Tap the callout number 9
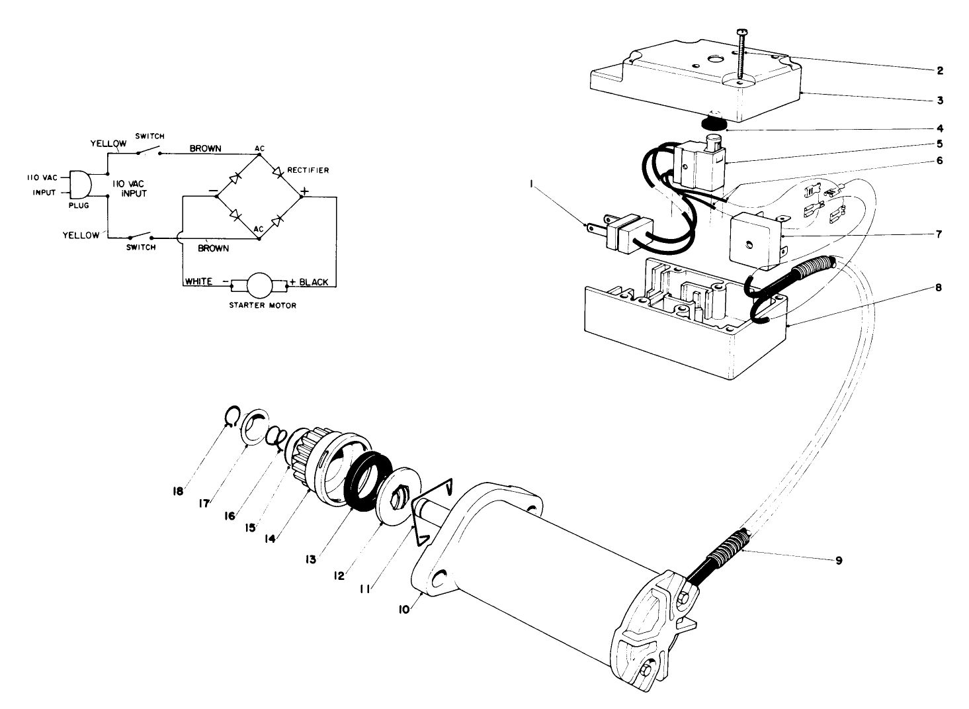coord(838,561)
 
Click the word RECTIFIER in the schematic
coord(308,170)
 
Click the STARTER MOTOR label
coord(262,306)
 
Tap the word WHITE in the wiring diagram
coord(198,281)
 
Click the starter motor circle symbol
coord(259,286)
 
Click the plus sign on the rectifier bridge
coord(305,192)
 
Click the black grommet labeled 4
coord(713,124)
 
